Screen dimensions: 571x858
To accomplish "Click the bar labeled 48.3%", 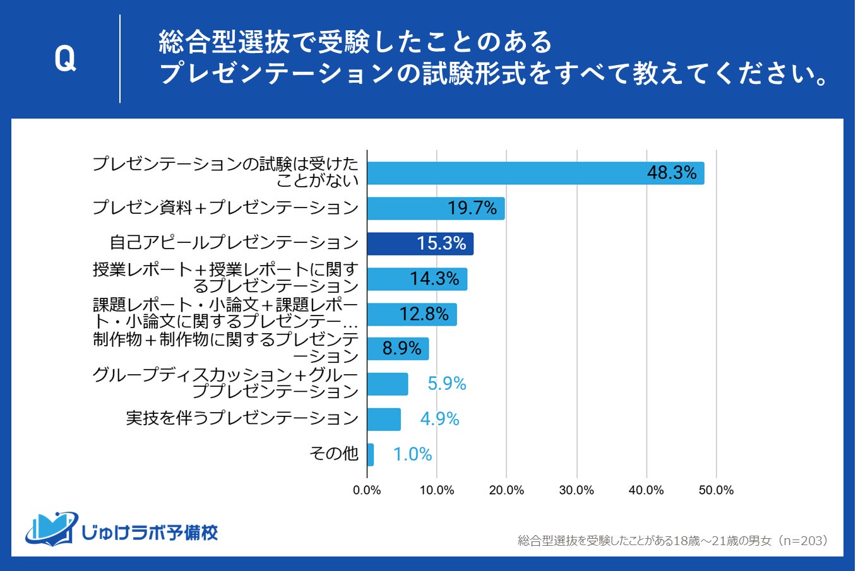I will click(x=535, y=173).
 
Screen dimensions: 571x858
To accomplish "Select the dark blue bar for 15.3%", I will click(x=420, y=244).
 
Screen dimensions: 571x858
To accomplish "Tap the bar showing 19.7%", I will click(x=436, y=208).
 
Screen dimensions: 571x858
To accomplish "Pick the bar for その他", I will click(x=370, y=454).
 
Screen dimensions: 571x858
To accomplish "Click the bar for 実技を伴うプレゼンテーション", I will click(x=383, y=419).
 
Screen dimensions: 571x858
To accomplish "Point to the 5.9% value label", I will click(x=446, y=384).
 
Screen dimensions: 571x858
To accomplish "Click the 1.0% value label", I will click(x=412, y=454).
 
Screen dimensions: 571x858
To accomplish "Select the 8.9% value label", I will click(x=402, y=348).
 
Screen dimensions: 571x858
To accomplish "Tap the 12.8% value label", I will click(x=424, y=314).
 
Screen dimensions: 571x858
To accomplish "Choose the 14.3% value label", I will click(x=434, y=278).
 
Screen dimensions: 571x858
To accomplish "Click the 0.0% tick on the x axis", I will click(x=367, y=490).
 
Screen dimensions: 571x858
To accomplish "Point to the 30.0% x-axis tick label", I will click(x=576, y=490).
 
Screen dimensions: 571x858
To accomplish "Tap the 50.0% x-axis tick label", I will click(x=716, y=490).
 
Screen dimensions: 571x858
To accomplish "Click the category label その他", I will click(x=333, y=454).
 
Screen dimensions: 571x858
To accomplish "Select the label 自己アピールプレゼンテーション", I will click(x=234, y=243).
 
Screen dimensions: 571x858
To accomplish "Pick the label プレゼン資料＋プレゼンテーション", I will click(x=225, y=208).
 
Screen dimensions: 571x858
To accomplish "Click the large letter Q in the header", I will click(x=65, y=59).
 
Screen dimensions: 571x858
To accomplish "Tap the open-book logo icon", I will click(x=52, y=529).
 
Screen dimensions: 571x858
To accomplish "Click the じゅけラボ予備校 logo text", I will click(x=150, y=532).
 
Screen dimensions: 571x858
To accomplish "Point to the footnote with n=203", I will click(x=672, y=541).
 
